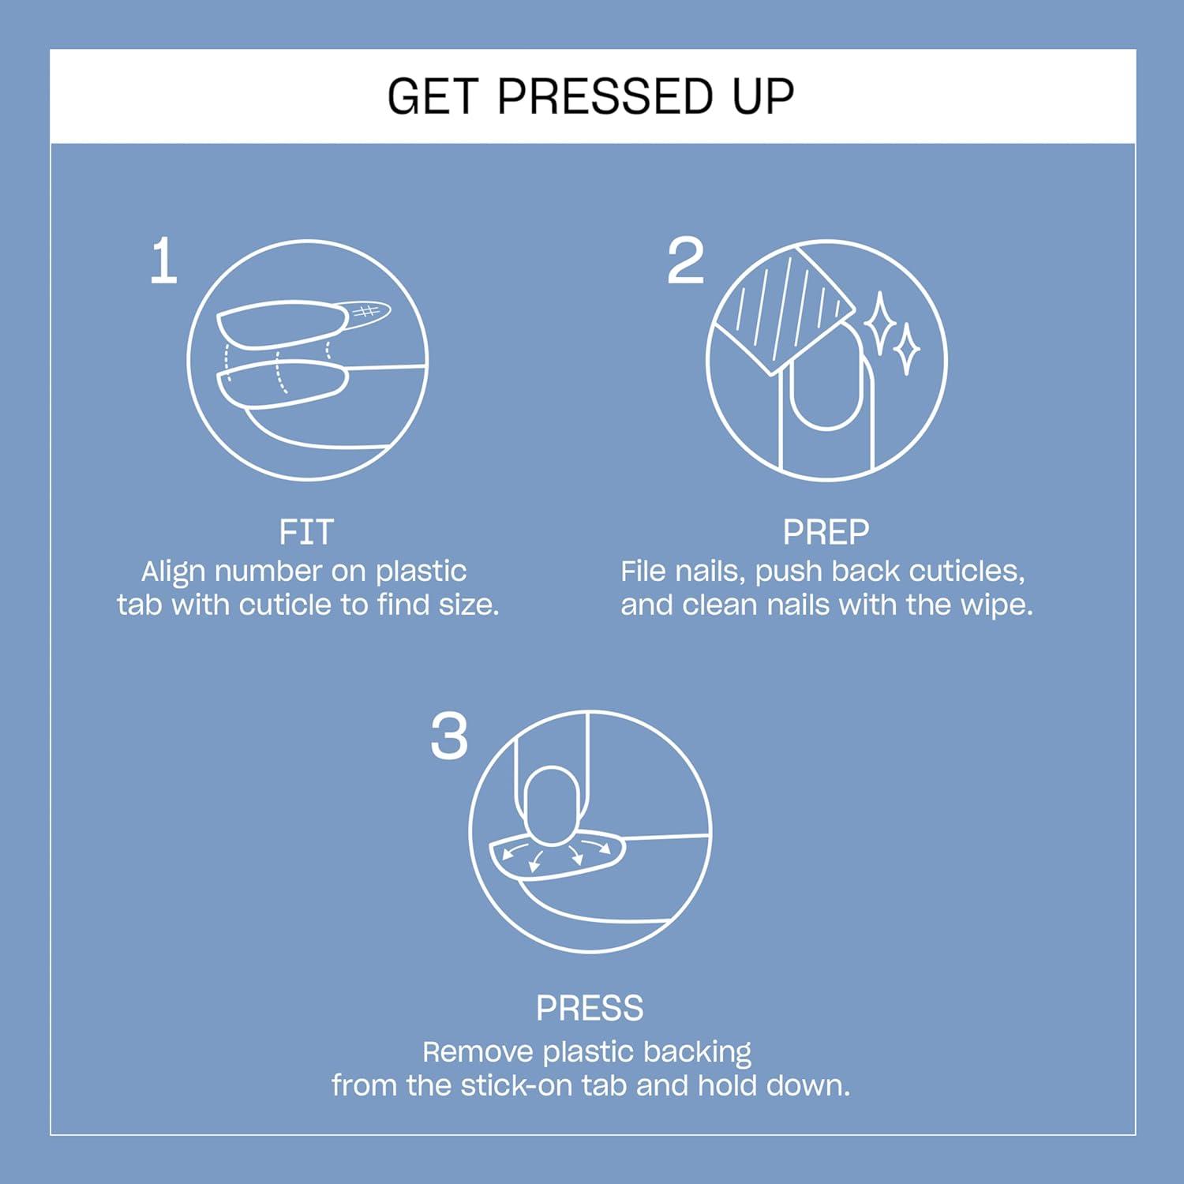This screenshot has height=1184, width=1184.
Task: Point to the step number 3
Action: pos(449,737)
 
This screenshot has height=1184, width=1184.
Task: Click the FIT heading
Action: pos(306,533)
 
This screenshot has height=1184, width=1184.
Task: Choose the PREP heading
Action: pos(826,533)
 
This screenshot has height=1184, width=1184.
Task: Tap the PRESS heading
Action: pos(590,1009)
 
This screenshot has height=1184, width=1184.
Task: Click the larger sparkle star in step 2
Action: pos(879,324)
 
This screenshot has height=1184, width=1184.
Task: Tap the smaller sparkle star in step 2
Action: pos(906,348)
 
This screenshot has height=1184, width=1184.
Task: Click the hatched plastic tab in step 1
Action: pos(365,313)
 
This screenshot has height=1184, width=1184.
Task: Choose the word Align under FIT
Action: pos(174,571)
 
